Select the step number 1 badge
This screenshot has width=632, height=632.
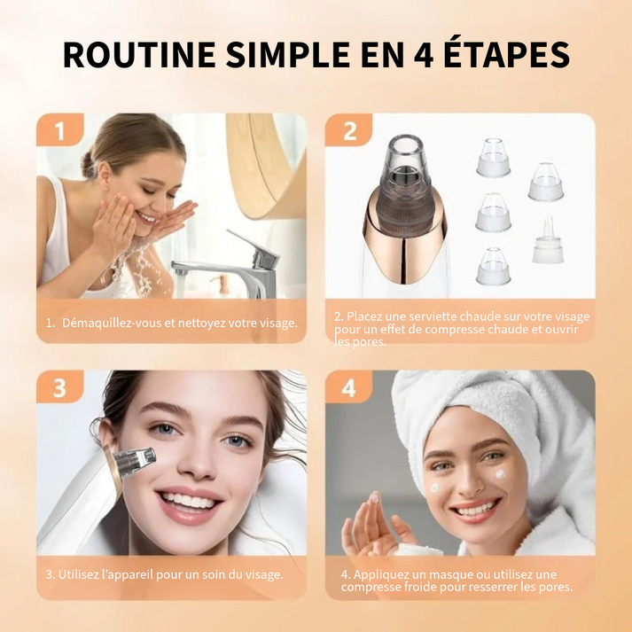59,131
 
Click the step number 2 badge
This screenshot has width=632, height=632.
349,131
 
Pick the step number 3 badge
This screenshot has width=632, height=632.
59,388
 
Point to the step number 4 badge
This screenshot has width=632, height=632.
349,388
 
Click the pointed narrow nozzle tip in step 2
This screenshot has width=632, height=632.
548,240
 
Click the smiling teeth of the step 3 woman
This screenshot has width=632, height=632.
188,501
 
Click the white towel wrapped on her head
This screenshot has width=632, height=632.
523,417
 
